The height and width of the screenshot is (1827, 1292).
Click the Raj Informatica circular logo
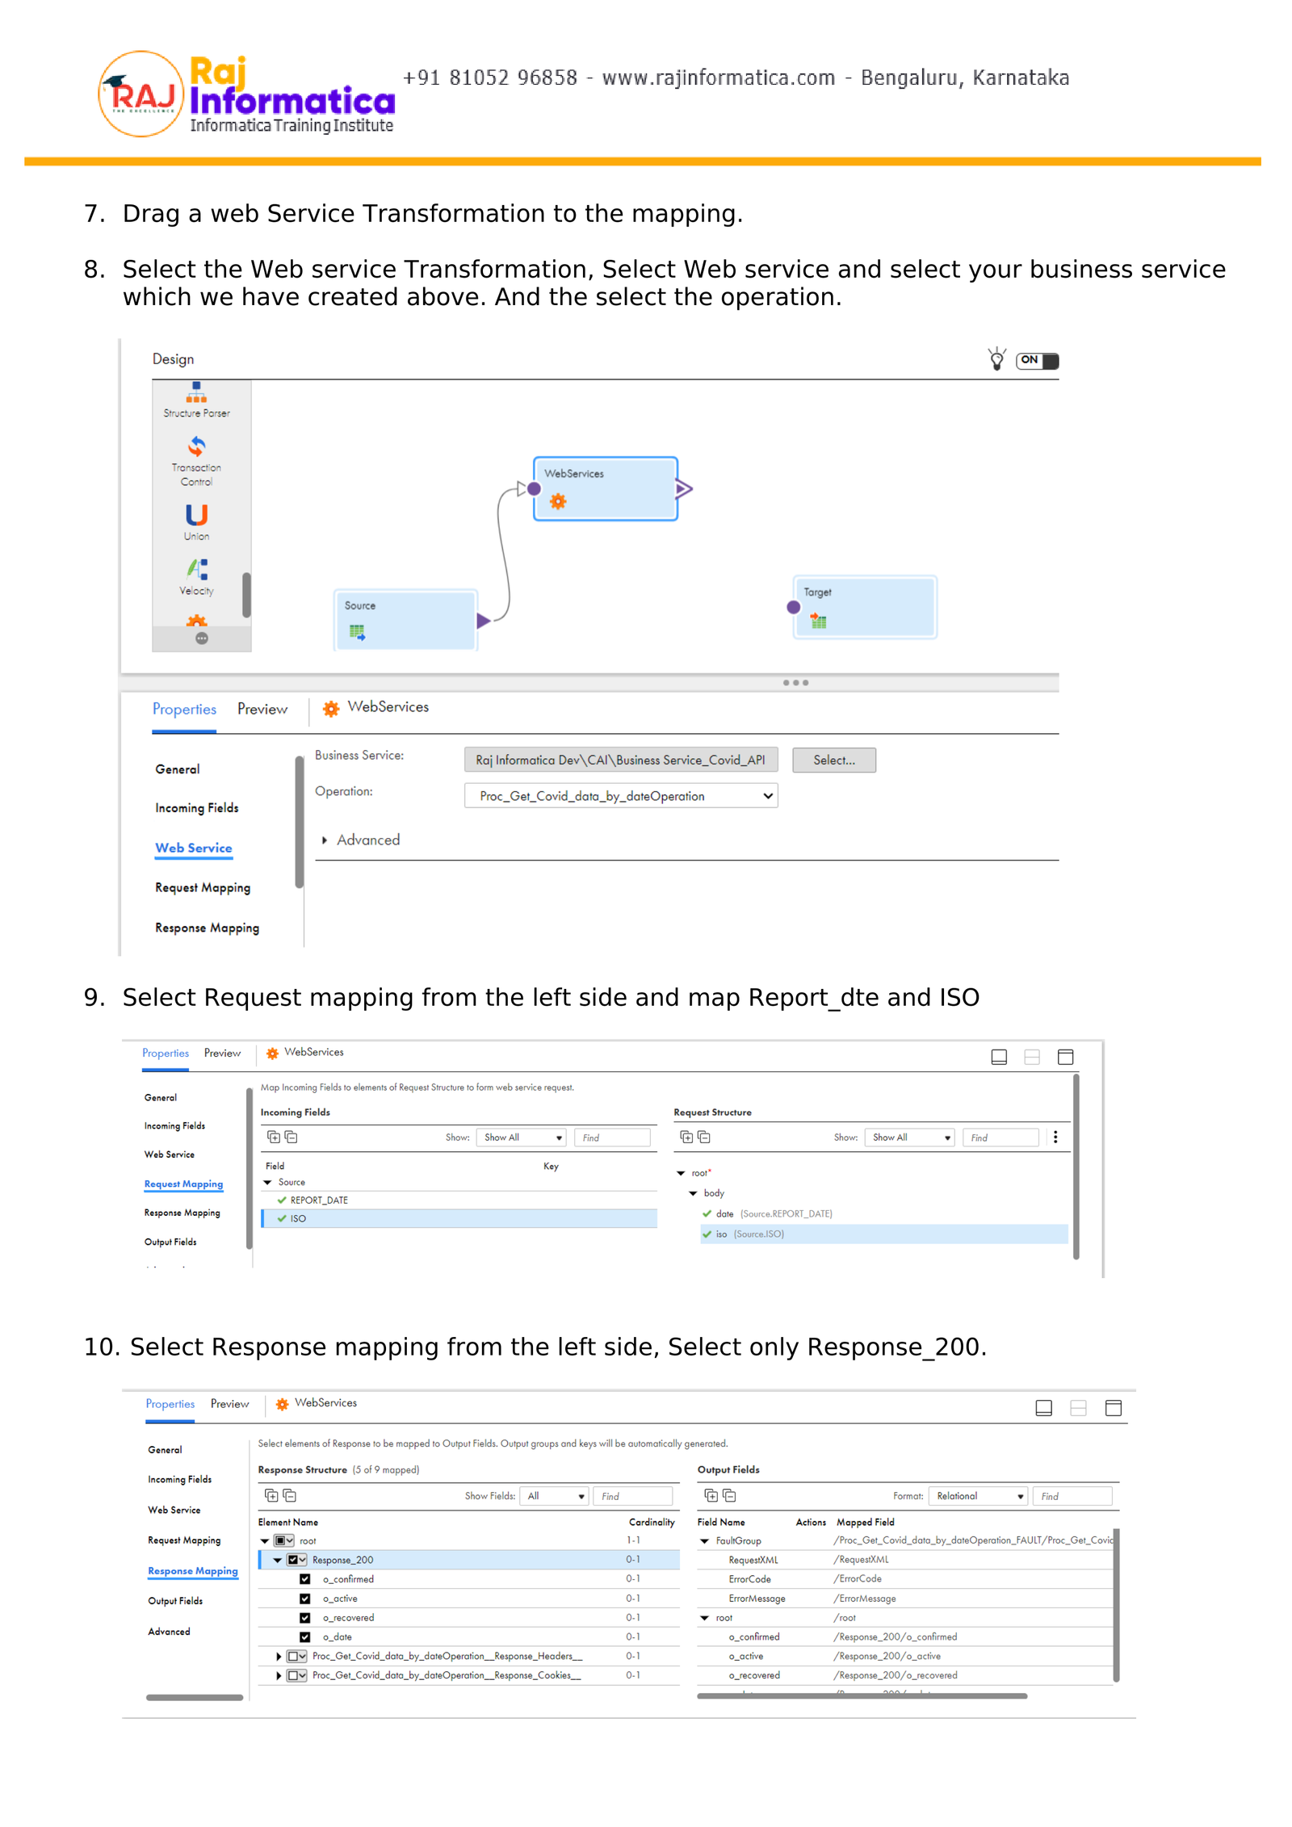click(141, 94)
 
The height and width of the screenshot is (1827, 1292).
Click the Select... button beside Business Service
click(833, 760)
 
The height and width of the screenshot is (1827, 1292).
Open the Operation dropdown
click(620, 796)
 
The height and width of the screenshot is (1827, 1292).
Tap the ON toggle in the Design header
click(1037, 360)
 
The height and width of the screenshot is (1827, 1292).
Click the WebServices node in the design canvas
click(605, 488)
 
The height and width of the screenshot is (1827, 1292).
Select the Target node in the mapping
click(864, 606)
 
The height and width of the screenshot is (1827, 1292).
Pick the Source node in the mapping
click(405, 619)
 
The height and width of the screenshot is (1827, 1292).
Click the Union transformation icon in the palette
click(196, 517)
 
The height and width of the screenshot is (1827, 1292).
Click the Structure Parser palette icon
click(196, 395)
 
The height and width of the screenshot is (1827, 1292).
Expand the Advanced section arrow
click(325, 840)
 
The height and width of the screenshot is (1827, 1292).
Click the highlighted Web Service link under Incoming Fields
click(193, 848)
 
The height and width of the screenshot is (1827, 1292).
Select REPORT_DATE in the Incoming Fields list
click(319, 1201)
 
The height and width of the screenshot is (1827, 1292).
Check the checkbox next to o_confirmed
click(305, 1579)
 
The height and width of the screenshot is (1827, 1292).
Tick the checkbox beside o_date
click(305, 1637)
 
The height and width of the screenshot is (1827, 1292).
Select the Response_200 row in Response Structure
click(342, 1560)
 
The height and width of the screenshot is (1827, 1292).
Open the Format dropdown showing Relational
click(977, 1496)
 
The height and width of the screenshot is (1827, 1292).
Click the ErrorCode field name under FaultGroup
click(749, 1579)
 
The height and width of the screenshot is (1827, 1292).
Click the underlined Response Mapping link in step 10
click(192, 1571)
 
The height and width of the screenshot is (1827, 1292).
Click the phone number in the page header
click(489, 78)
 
